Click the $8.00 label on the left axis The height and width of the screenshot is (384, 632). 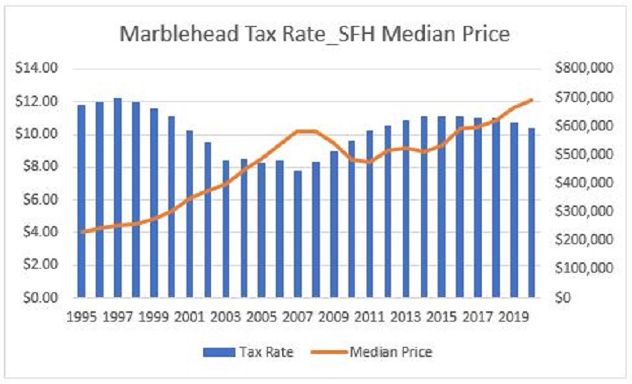pyautogui.click(x=42, y=167)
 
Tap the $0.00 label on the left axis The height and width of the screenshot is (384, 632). pyautogui.click(x=42, y=298)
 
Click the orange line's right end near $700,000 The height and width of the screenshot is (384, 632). pyautogui.click(x=531, y=100)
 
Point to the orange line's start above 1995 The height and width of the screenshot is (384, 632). pyautogui.click(x=81, y=232)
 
